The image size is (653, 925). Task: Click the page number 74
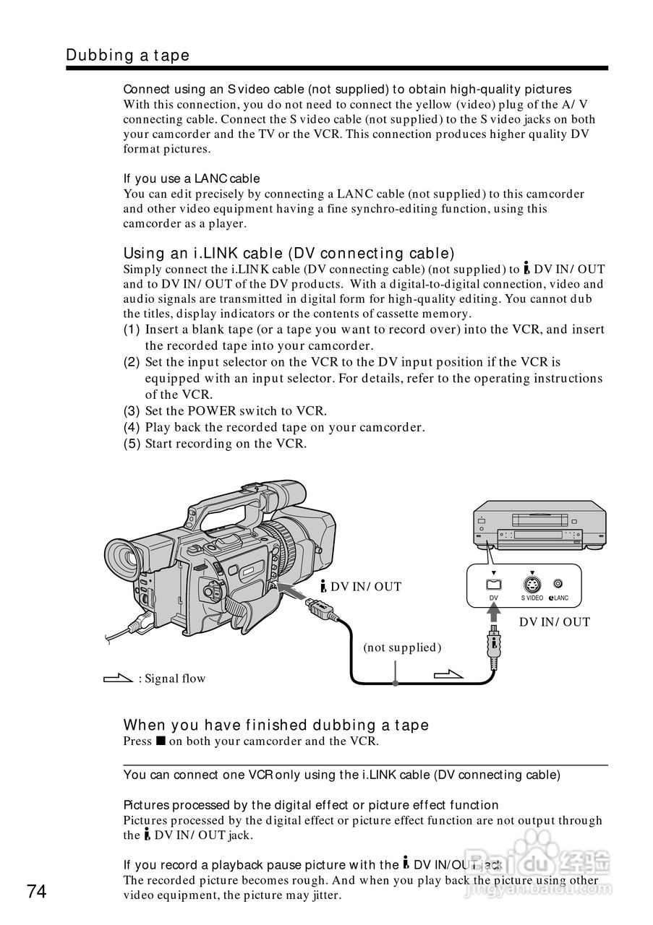(x=37, y=892)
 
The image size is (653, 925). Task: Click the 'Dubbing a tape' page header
(x=127, y=55)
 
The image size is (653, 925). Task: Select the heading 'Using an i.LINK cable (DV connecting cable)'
(x=289, y=253)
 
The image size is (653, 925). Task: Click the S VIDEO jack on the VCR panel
(x=532, y=585)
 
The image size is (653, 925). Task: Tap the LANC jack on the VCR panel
(x=558, y=584)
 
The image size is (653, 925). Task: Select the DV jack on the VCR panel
(x=493, y=585)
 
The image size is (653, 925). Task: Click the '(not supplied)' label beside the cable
(x=402, y=647)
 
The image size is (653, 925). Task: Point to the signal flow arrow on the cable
(x=448, y=675)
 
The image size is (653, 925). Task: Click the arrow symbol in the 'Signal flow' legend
(x=118, y=678)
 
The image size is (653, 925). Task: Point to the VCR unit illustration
(x=539, y=525)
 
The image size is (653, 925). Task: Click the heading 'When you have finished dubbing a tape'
(x=276, y=725)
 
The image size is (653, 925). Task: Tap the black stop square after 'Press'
(x=160, y=741)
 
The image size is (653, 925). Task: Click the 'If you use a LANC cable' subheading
(x=192, y=178)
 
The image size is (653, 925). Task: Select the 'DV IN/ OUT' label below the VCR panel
(x=555, y=621)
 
